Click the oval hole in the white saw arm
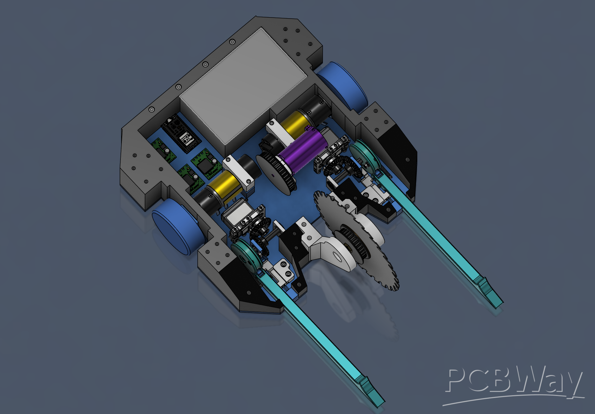(x=337, y=256)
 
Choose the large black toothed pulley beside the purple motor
(x=276, y=173)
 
